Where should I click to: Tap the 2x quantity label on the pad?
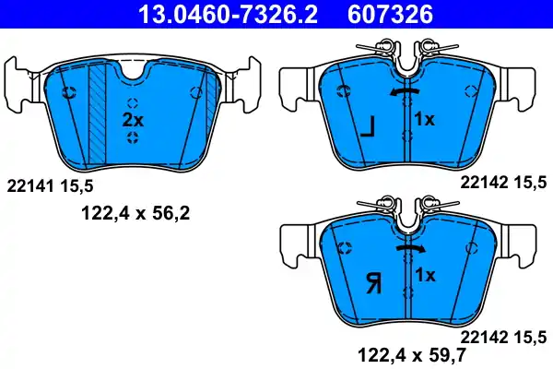(x=134, y=120)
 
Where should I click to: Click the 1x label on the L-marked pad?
(x=424, y=120)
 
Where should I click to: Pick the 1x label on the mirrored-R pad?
(x=424, y=275)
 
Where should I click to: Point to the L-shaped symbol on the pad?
(x=367, y=126)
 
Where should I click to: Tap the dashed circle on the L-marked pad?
(x=343, y=90)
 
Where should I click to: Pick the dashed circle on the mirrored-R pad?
(x=343, y=246)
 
